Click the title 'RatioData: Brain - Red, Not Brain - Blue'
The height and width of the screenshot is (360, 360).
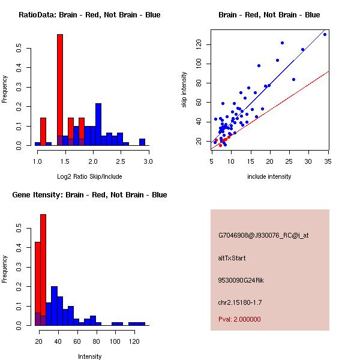89,15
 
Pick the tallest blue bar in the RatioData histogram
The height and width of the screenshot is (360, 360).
98,124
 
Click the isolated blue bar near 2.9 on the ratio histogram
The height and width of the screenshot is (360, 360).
142,142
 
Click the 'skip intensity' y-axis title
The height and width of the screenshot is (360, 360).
184,90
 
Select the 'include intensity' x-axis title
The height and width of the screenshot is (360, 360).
269,176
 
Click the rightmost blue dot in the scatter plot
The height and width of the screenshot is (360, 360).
325,34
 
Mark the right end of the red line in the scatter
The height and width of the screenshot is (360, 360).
329,71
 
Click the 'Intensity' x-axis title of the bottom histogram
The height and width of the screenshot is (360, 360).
90,356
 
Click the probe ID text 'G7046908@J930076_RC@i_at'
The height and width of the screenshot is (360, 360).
263,235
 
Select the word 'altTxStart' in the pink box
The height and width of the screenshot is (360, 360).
232,258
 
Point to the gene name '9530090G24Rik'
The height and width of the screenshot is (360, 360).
241,280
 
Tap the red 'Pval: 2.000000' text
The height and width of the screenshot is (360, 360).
239,319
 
